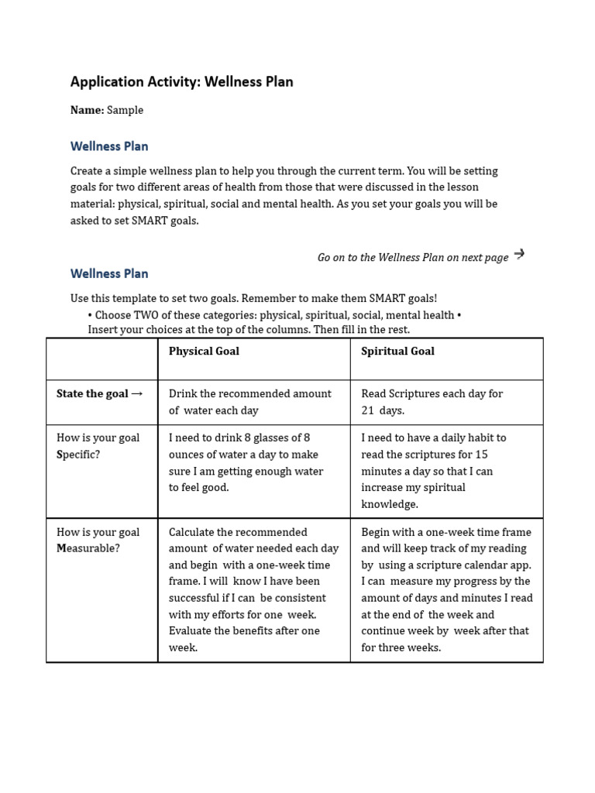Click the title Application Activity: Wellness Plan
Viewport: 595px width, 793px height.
181,81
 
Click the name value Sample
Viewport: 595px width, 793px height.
125,110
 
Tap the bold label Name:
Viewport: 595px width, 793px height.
87,110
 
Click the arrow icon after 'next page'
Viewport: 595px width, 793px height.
519,254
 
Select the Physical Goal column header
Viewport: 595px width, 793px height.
204,351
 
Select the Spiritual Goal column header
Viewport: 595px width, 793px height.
397,351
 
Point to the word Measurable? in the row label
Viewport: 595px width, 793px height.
88,548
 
